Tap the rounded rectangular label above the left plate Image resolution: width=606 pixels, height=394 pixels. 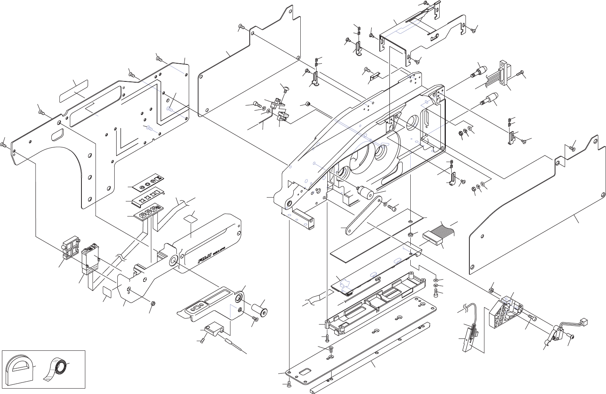74,90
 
